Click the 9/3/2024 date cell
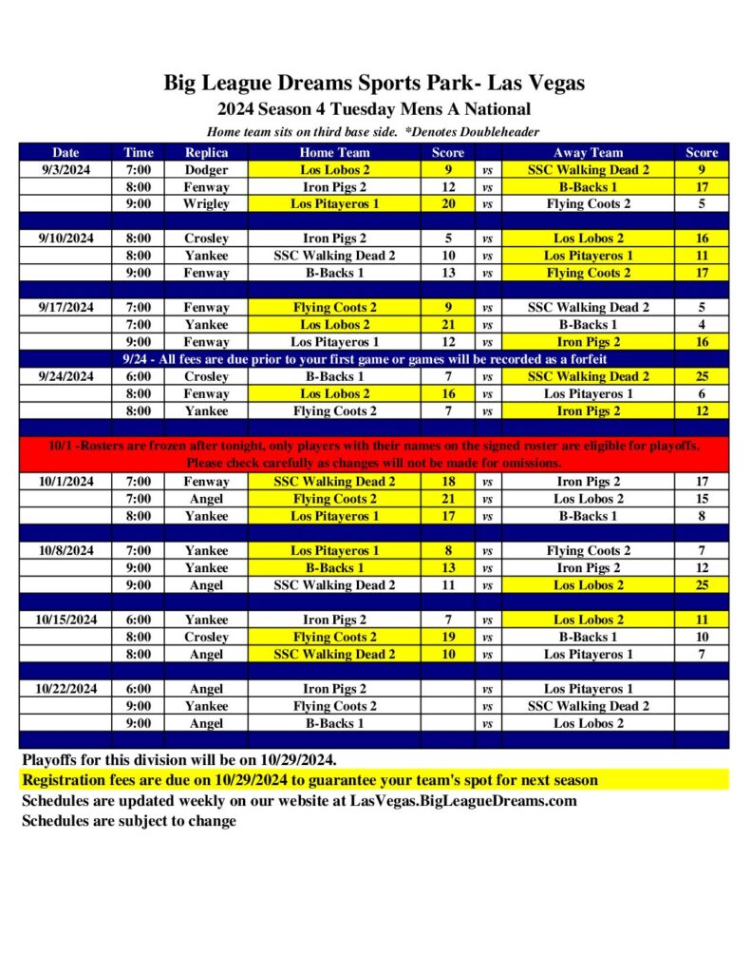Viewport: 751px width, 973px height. pyautogui.click(x=66, y=170)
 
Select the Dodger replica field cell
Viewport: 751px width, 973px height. pyautogui.click(x=206, y=170)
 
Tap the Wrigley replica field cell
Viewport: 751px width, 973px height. pyautogui.click(x=206, y=204)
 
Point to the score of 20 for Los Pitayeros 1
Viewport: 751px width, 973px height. pyautogui.click(x=448, y=204)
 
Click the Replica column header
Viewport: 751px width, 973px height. pyautogui.click(x=206, y=152)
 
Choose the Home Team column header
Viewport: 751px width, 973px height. pyautogui.click(x=334, y=152)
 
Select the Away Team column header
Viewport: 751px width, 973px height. pyautogui.click(x=589, y=152)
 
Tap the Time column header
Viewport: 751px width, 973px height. pyautogui.click(x=138, y=152)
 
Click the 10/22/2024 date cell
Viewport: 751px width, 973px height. pyautogui.click(x=66, y=689)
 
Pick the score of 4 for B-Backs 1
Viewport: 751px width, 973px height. pyautogui.click(x=702, y=325)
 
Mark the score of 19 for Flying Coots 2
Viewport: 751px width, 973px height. pyautogui.click(x=448, y=637)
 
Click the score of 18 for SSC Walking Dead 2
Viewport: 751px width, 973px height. pyautogui.click(x=448, y=482)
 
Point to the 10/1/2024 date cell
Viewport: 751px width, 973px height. pyautogui.click(x=66, y=482)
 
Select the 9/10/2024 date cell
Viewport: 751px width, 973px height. pyautogui.click(x=66, y=238)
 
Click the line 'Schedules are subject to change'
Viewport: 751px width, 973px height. pyautogui.click(x=129, y=821)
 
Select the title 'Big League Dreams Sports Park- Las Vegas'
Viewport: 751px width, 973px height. pyautogui.click(x=374, y=83)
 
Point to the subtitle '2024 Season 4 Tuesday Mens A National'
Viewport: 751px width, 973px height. pyautogui.click(x=374, y=109)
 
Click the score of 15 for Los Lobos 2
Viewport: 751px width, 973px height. pyautogui.click(x=702, y=499)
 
